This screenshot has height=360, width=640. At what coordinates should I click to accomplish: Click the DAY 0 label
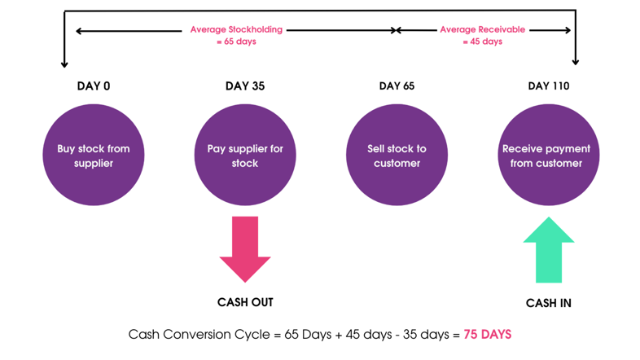tap(94, 86)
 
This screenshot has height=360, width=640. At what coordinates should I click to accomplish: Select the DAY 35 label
tap(245, 86)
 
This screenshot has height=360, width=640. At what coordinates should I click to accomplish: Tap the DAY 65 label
tap(397, 86)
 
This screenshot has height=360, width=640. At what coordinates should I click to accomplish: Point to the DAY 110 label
tap(549, 86)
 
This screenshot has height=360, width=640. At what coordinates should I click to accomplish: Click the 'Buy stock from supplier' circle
tap(94, 155)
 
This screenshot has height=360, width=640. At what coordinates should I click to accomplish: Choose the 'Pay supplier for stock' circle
tap(245, 155)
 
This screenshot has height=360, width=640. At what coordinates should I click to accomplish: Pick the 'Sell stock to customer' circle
tap(397, 155)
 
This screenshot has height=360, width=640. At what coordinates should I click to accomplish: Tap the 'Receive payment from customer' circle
tap(549, 155)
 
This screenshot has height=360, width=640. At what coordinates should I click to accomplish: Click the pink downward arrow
tap(245, 249)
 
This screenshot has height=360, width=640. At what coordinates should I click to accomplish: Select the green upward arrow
tap(549, 250)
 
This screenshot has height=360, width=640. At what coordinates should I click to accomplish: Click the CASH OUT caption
tap(245, 302)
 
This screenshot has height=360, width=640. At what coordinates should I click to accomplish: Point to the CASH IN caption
tap(549, 303)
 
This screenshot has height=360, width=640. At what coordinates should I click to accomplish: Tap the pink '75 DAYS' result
tap(488, 335)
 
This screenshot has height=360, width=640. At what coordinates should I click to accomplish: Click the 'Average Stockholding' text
tap(236, 29)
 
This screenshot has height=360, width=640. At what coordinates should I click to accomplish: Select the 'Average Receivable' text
tap(483, 29)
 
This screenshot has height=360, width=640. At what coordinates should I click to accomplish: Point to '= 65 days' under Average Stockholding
tap(236, 42)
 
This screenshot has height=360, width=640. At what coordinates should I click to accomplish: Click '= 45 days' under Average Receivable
tap(483, 42)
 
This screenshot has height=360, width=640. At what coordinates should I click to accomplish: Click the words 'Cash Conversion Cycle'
tap(199, 335)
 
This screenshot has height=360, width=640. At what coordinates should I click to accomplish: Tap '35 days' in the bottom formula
tap(426, 335)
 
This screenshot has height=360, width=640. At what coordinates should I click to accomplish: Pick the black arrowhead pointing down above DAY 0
tap(64, 64)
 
